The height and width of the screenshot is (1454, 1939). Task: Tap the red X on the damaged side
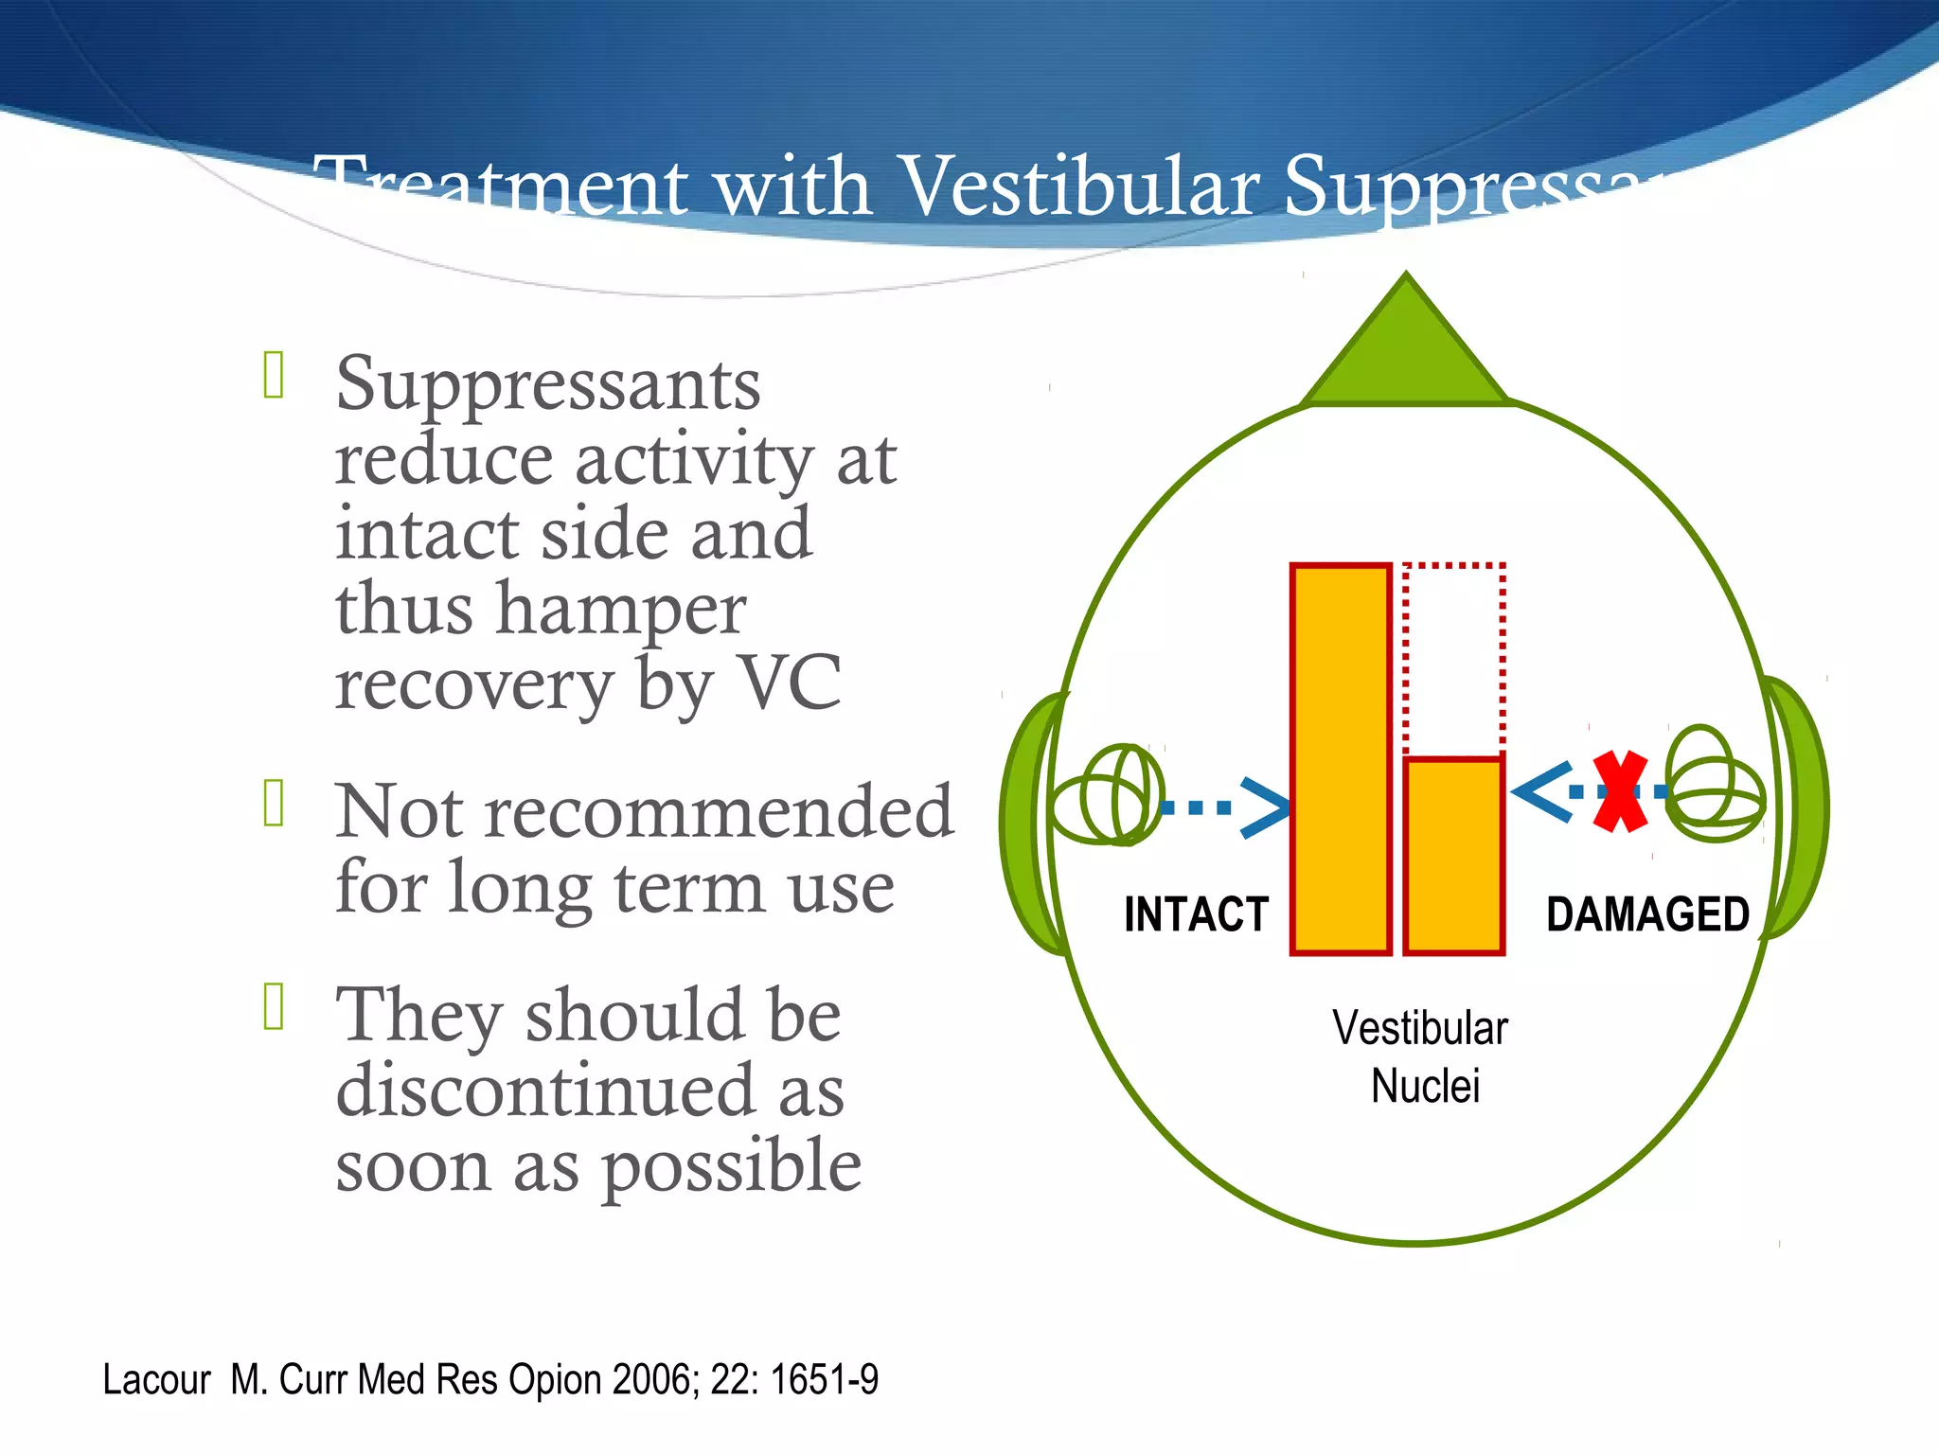pyautogui.click(x=1620, y=791)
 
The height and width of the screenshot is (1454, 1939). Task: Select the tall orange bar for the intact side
pyautogui.click(x=1341, y=758)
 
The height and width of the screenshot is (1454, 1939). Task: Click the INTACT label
pyautogui.click(x=1196, y=914)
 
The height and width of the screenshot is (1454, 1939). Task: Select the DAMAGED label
pyautogui.click(x=1647, y=914)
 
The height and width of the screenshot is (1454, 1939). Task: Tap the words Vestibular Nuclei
pyautogui.click(x=1420, y=1056)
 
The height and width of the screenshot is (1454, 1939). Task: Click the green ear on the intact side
pyautogui.click(x=1027, y=824)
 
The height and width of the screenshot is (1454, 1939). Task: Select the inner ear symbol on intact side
pyautogui.click(x=1108, y=795)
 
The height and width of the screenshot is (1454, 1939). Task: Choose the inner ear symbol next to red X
pyautogui.click(x=1714, y=786)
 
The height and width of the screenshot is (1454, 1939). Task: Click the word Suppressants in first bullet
pyautogui.click(x=547, y=385)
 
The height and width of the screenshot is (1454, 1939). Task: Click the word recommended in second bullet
pyautogui.click(x=719, y=812)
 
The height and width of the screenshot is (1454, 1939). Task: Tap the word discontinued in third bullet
pyautogui.click(x=545, y=1090)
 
